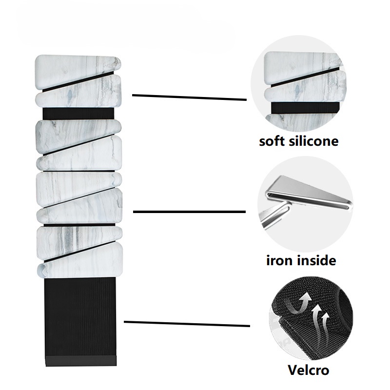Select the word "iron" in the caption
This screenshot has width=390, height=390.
(279, 260)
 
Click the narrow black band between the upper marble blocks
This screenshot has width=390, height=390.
(78, 114)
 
